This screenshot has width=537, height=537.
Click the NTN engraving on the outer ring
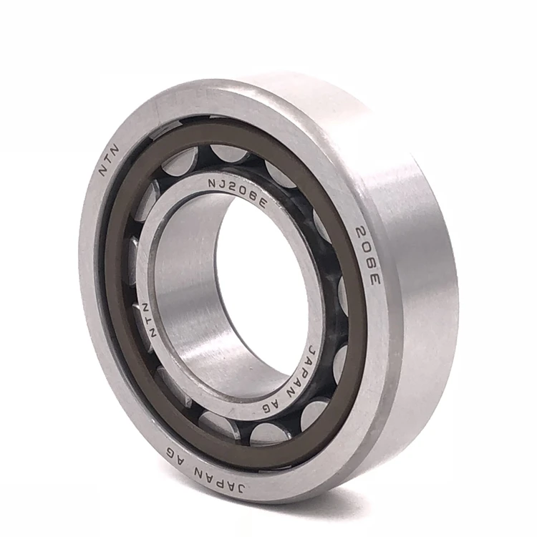pyautogui.click(x=110, y=160)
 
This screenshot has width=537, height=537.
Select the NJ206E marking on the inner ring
pyautogui.click(x=237, y=193)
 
